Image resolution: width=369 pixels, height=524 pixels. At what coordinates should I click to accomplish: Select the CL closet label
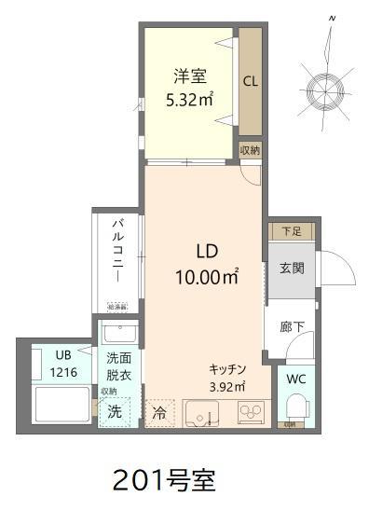tap(251, 80)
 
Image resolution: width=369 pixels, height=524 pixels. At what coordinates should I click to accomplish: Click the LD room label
tap(206, 251)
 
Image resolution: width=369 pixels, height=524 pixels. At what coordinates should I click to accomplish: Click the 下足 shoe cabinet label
tap(291, 230)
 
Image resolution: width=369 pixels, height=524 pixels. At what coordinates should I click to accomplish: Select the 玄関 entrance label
tap(291, 269)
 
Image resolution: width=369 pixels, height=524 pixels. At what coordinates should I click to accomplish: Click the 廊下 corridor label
tap(291, 327)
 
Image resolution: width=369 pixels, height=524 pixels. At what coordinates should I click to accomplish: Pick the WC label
tap(296, 379)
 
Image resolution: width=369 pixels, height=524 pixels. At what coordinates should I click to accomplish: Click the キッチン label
tap(226, 367)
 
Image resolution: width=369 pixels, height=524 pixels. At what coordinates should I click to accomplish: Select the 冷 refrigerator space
tap(159, 411)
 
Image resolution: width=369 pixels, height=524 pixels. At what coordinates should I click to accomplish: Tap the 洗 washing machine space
tap(114, 410)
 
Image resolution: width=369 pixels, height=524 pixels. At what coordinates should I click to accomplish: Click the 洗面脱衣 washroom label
tap(118, 365)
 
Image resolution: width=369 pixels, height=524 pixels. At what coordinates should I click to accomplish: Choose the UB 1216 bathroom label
tap(62, 363)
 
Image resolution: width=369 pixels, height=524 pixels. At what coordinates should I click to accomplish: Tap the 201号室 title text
tap(163, 481)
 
